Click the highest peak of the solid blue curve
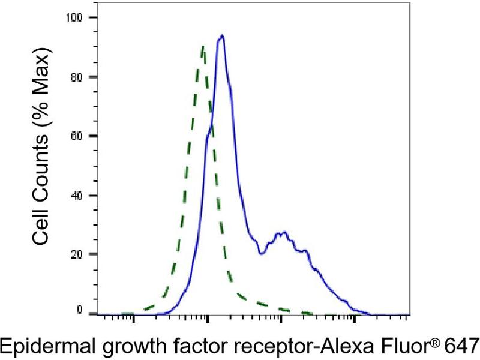pyautogui.click(x=222, y=35)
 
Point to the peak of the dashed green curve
pyautogui.click(x=203, y=46)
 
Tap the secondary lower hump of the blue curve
pyautogui.click(x=282, y=233)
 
